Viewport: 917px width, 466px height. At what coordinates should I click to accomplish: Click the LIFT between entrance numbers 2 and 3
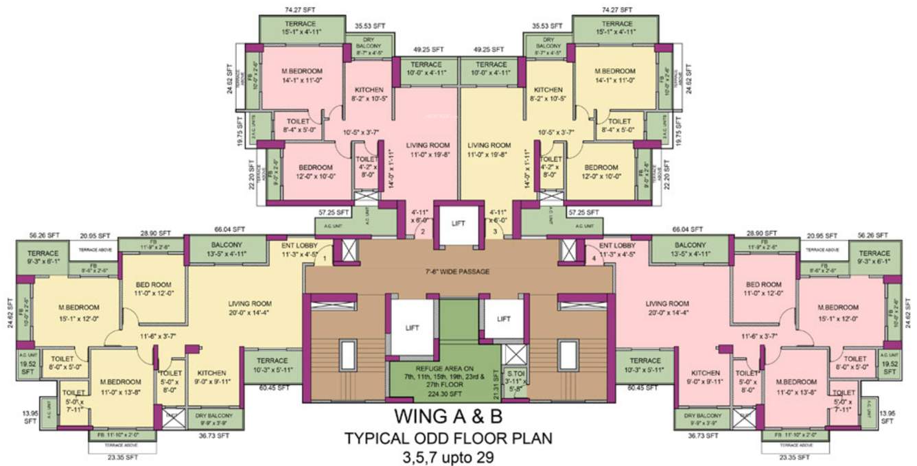click(x=458, y=223)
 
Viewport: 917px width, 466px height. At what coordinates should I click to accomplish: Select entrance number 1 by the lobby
click(x=325, y=259)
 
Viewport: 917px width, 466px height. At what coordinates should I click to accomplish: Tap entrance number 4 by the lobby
click(x=594, y=259)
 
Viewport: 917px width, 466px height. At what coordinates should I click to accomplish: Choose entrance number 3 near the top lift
click(x=494, y=232)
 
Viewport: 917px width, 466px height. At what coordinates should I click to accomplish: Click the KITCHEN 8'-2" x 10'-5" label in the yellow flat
click(x=548, y=94)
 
